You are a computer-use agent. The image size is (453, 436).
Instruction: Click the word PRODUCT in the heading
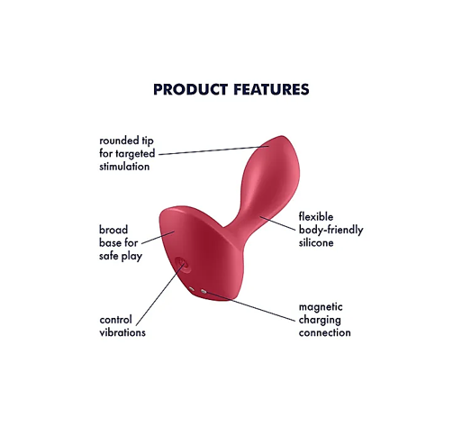190,89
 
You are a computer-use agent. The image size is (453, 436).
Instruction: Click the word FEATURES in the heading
271,89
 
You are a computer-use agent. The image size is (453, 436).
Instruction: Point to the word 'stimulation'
124,167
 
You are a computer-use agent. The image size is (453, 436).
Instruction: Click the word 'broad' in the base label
113,230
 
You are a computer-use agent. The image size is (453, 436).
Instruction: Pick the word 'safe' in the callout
108,256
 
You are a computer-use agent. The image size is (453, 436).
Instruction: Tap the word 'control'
115,320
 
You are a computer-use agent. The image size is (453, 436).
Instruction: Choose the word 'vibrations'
122,332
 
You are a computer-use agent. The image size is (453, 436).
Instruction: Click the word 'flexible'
316,216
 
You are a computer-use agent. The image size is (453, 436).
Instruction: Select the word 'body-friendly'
331,230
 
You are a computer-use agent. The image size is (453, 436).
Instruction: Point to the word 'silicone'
316,242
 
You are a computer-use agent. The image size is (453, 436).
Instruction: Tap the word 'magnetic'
321,307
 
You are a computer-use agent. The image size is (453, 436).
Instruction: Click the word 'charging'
320,320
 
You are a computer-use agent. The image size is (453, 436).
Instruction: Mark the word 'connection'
325,332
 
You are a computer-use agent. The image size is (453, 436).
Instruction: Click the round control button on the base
183,265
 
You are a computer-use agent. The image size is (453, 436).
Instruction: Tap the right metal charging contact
204,291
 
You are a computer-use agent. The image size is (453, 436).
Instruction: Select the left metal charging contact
192,289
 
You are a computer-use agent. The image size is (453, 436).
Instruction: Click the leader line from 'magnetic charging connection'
250,306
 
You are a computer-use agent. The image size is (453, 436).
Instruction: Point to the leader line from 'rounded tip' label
213,150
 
